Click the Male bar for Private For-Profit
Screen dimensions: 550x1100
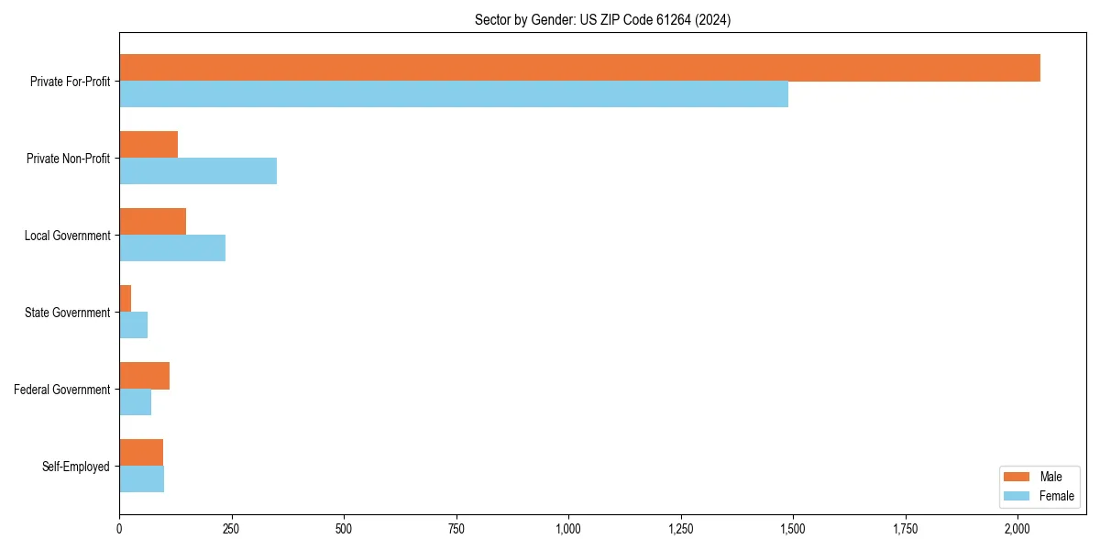(579, 68)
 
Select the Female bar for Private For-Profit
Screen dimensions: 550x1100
(454, 94)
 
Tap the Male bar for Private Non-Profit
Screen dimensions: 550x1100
(148, 145)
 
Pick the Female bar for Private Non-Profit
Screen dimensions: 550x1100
(198, 171)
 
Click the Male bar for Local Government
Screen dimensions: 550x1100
(152, 222)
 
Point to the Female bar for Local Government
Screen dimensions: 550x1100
(172, 248)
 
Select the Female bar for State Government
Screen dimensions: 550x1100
(134, 325)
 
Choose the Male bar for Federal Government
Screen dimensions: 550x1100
(144, 376)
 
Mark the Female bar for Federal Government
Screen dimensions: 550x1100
(135, 402)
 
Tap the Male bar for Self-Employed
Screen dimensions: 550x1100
(141, 453)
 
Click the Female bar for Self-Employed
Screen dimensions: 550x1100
(141, 479)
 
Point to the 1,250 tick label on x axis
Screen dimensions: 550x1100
(681, 529)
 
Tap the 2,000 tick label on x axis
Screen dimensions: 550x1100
(1017, 529)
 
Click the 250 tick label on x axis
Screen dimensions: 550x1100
(231, 529)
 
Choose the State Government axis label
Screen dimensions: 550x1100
(68, 313)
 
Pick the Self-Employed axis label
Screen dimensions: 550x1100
(76, 467)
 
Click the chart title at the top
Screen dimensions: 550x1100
(602, 19)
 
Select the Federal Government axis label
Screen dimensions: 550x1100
(62, 390)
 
